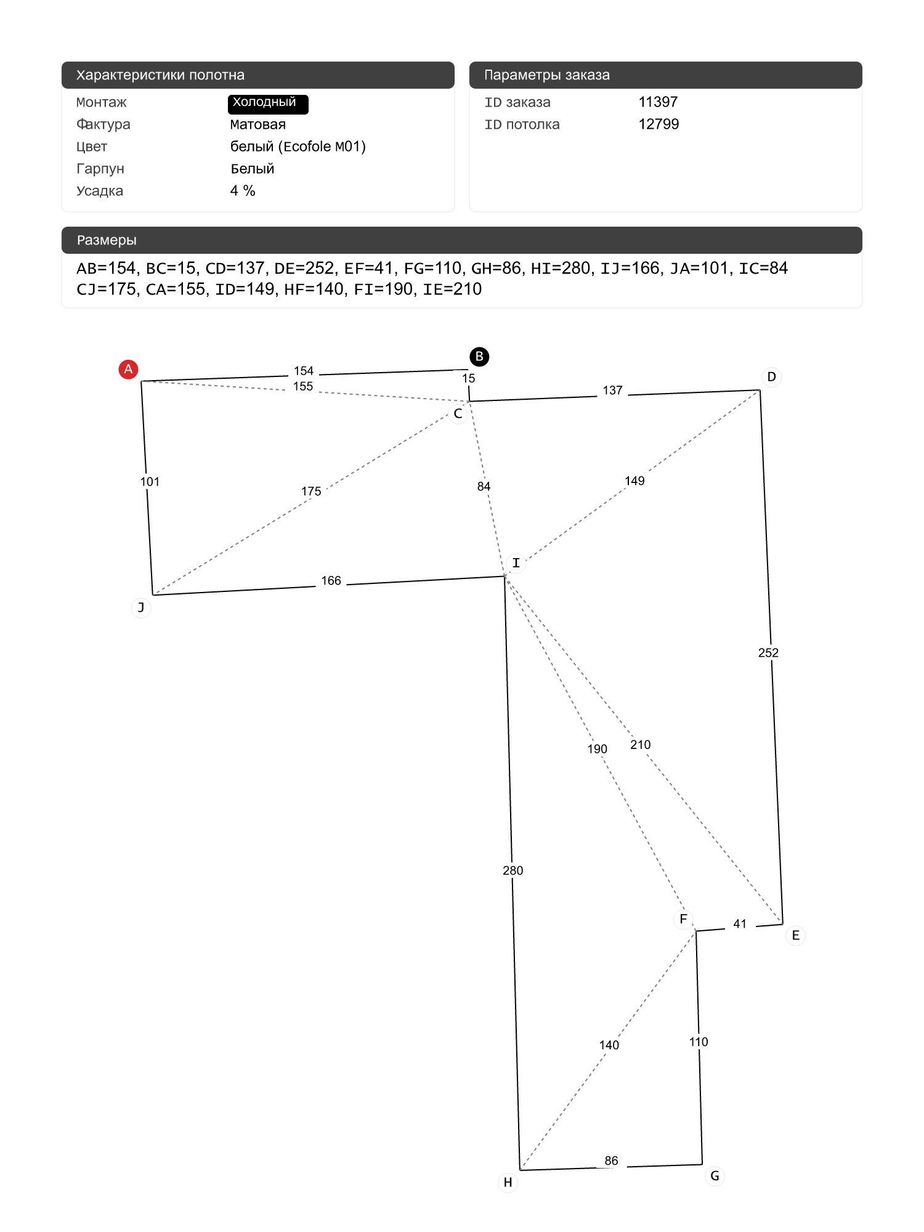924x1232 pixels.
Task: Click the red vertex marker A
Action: tap(128, 369)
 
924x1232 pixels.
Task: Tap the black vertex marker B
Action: tap(479, 357)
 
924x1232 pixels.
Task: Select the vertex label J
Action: tap(141, 608)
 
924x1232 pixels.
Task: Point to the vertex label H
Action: tap(508, 1182)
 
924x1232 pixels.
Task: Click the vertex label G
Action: tap(715, 1176)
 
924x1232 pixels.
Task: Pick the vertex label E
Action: tap(795, 936)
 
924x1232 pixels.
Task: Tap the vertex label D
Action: tap(771, 377)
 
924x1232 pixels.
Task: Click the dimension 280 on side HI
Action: tap(513, 870)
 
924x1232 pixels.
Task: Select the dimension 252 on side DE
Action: tap(768, 653)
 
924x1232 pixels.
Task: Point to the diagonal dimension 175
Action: tap(311, 492)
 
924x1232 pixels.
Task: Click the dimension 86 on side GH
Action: tap(611, 1161)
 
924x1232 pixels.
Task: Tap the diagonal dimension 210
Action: tap(640, 745)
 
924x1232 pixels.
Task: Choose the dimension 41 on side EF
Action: tap(740, 924)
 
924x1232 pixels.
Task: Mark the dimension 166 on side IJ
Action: tap(331, 581)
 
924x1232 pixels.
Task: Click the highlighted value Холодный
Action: tap(267, 103)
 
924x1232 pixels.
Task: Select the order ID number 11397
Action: tap(658, 102)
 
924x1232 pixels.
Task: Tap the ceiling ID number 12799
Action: tap(659, 124)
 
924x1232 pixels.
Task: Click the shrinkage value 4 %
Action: tap(243, 191)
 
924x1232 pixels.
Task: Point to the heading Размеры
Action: tap(107, 240)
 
